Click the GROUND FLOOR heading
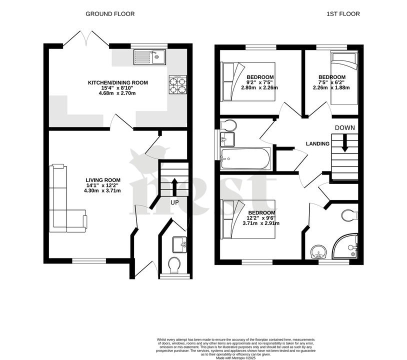coord(110,14)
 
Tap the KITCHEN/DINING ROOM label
coord(118,82)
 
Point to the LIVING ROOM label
coord(103,180)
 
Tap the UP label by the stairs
coord(174,202)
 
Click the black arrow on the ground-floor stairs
coord(174,185)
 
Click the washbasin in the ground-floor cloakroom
coord(179,244)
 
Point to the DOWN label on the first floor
coord(345,128)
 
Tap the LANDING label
coord(317,144)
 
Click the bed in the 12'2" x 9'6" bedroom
coord(248,218)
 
